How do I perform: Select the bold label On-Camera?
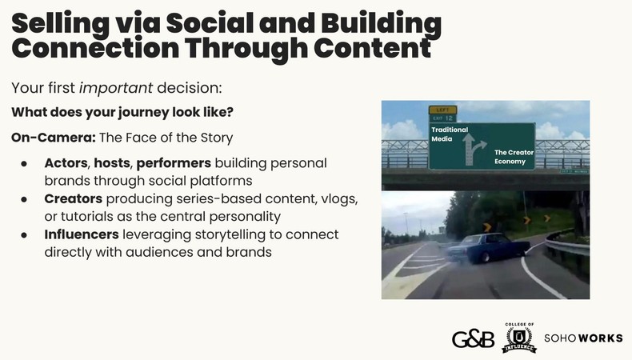point(54,137)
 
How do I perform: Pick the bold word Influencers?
point(82,234)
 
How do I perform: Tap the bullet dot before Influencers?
point(25,234)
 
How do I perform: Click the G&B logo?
point(472,338)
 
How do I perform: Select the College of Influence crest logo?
point(519,338)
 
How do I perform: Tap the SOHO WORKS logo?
point(583,338)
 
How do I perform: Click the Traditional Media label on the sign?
point(447,134)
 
